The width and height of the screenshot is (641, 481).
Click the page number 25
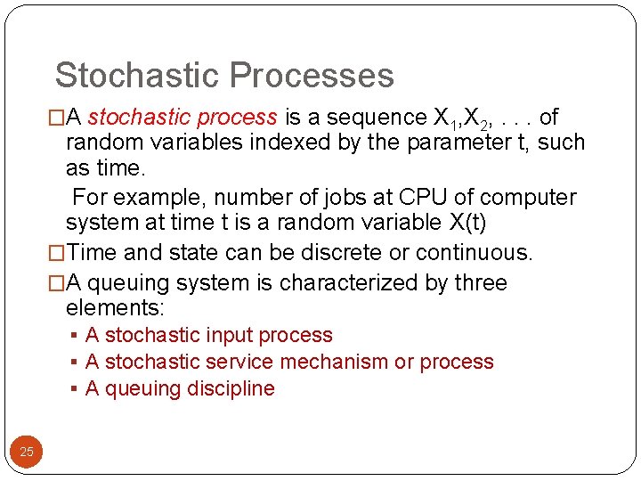(27, 452)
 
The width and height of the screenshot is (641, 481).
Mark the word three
(479, 283)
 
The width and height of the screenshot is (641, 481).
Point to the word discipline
(233, 389)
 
